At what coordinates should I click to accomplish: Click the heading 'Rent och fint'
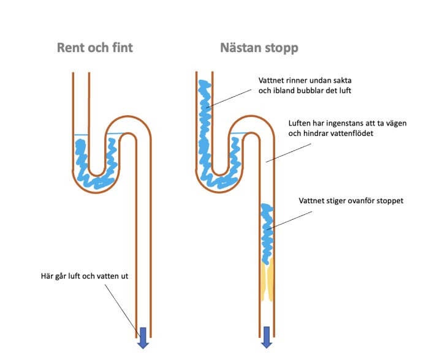94,47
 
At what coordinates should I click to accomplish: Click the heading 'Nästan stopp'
259,47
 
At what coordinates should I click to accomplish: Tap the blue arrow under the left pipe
143,337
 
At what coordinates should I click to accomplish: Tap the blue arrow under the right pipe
267,337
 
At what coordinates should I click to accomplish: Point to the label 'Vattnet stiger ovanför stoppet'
351,200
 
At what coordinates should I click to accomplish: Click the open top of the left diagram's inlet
81,75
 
